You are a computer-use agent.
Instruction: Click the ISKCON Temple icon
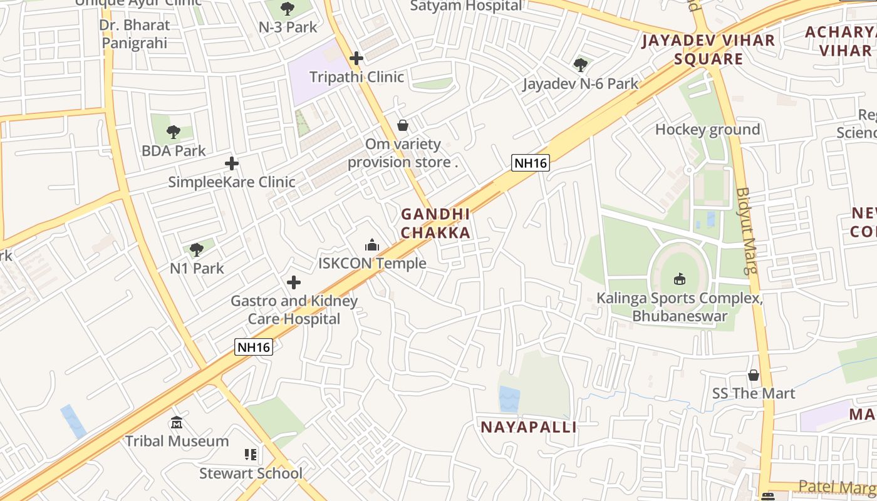[x=372, y=245]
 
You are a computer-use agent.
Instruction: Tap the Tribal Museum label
[x=177, y=441]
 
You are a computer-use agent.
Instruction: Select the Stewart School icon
[x=251, y=455]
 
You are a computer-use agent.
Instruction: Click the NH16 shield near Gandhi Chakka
[x=531, y=163]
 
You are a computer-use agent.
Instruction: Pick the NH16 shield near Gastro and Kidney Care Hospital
[x=254, y=347]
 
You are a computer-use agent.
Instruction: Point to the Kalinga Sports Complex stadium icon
[x=680, y=279]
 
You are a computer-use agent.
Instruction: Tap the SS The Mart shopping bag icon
[x=754, y=375]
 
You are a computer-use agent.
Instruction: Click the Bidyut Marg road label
[x=745, y=231]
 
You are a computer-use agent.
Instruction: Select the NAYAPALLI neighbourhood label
[x=528, y=427]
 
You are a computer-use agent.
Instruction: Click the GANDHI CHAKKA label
[x=435, y=224]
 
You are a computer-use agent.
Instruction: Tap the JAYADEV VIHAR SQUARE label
[x=708, y=50]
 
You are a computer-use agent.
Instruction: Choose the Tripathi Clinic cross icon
[x=356, y=59]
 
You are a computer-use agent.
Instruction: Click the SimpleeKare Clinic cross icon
[x=232, y=163]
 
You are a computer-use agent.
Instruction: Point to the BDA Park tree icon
[x=174, y=132]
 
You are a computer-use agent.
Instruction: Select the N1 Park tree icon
[x=197, y=250]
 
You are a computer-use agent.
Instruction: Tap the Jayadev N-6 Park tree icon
[x=581, y=65]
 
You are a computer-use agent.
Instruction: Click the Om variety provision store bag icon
[x=403, y=126]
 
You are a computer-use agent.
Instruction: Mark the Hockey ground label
[x=707, y=130]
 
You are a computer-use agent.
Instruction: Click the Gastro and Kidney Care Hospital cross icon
[x=293, y=282]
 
